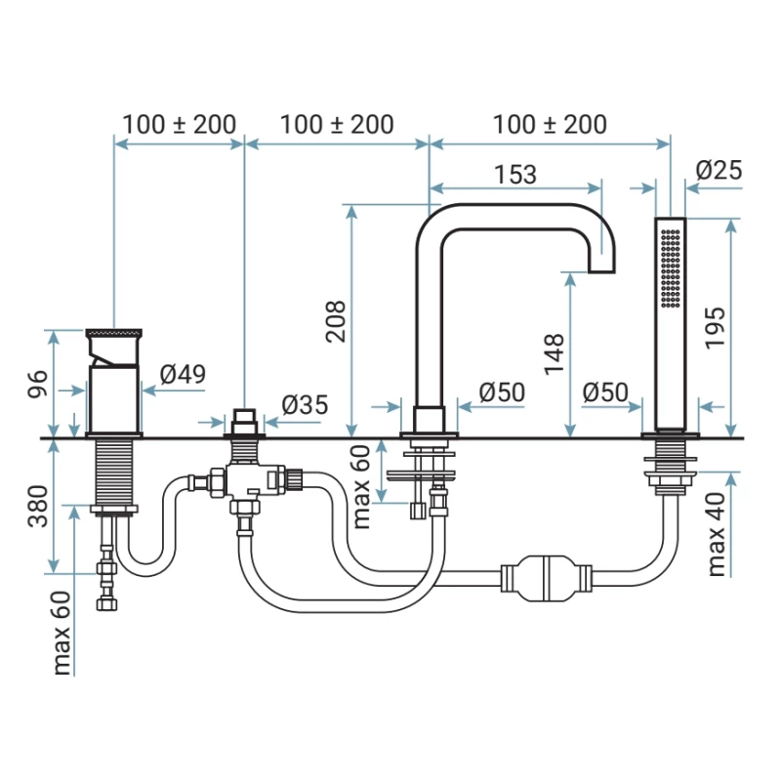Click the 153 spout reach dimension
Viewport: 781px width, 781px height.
click(x=514, y=174)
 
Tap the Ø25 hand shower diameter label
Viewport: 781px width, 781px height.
click(x=719, y=170)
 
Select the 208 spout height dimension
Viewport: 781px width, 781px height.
click(x=336, y=319)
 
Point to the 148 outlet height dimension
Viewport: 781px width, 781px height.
click(x=555, y=353)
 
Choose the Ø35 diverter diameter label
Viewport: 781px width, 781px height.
click(x=305, y=404)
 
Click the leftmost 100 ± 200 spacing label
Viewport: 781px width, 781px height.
click(x=179, y=124)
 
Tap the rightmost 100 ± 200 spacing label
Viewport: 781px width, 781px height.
click(x=550, y=124)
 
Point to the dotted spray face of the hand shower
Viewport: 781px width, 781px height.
click(x=670, y=268)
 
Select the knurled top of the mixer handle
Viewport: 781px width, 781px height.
click(x=115, y=334)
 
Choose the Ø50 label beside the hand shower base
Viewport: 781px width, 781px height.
click(x=604, y=392)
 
